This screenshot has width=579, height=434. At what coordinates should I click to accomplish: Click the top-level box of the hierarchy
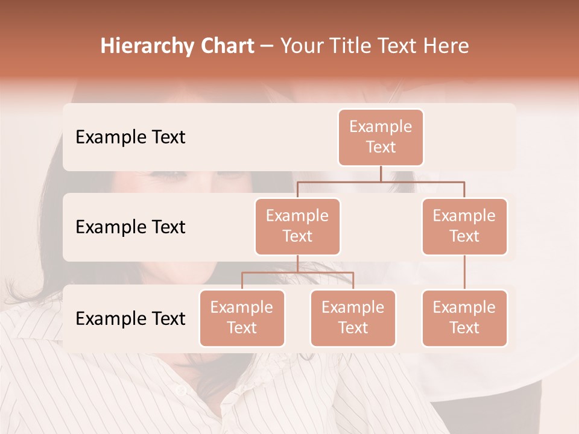pos(381,137)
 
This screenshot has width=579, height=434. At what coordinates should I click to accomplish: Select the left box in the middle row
pos(297,226)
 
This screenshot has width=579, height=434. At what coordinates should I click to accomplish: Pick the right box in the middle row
pos(464,226)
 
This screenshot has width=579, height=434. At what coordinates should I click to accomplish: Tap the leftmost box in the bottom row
pos(242,318)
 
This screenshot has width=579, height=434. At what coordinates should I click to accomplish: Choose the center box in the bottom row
pos(353,318)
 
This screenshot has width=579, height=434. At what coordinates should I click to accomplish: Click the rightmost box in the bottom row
pos(464,318)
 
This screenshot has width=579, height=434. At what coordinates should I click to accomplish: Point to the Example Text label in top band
pos(130,137)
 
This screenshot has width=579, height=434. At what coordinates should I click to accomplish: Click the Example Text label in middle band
pos(130,227)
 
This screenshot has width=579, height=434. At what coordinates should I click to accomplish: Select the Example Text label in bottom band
pos(130,319)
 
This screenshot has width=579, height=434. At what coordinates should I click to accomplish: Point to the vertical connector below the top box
pos(381,174)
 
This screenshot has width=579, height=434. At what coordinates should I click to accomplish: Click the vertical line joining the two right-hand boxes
pos(464,272)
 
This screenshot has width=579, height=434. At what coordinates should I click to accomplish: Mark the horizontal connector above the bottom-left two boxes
pos(297,272)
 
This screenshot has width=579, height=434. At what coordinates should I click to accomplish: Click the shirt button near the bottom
pos(182,391)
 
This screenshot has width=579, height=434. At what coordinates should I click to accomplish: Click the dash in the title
pos(267,46)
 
